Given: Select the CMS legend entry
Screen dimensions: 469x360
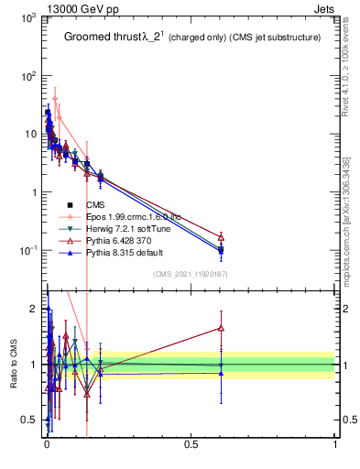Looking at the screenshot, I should tap(96, 204).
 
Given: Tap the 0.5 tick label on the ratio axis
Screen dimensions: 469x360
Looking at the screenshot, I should tap(28, 420).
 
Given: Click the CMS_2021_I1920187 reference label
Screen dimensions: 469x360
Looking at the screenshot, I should tap(191, 274).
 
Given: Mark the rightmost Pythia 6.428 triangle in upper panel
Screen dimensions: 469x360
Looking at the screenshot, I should tap(221, 236).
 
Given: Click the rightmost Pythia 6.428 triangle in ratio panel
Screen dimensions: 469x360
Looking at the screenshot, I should tap(221, 327).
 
